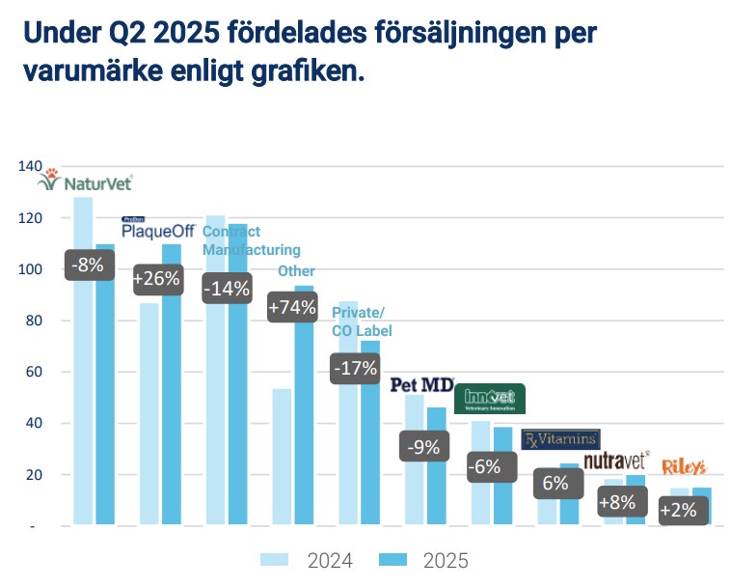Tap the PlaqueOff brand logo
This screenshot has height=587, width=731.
[158, 230]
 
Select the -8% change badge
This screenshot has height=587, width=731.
[92, 264]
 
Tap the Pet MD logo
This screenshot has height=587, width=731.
[421, 385]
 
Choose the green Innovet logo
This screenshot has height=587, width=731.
[490, 398]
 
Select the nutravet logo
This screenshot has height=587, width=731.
[617, 459]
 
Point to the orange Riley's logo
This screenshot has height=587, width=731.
[684, 467]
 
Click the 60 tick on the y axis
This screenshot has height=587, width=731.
[33, 372]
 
